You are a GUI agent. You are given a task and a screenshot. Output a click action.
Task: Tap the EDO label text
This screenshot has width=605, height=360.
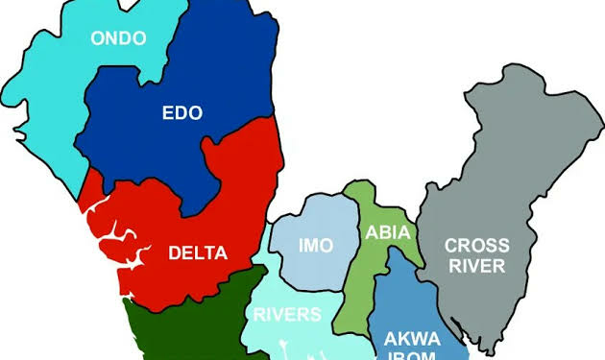click(181, 113)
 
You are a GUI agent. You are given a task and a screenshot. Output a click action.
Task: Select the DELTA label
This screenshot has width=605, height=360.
click(198, 253)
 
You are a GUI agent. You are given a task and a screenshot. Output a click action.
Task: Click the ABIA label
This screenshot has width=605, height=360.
click(388, 233)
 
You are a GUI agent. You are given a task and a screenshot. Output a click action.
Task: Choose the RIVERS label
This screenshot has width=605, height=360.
click(287, 314)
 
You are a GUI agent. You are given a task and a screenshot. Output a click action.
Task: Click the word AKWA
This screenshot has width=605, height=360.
click(412, 337)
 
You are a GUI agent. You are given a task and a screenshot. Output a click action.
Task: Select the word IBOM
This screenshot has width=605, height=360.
click(412, 354)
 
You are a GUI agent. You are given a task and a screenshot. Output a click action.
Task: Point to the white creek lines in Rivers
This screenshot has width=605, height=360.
click(288, 348)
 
